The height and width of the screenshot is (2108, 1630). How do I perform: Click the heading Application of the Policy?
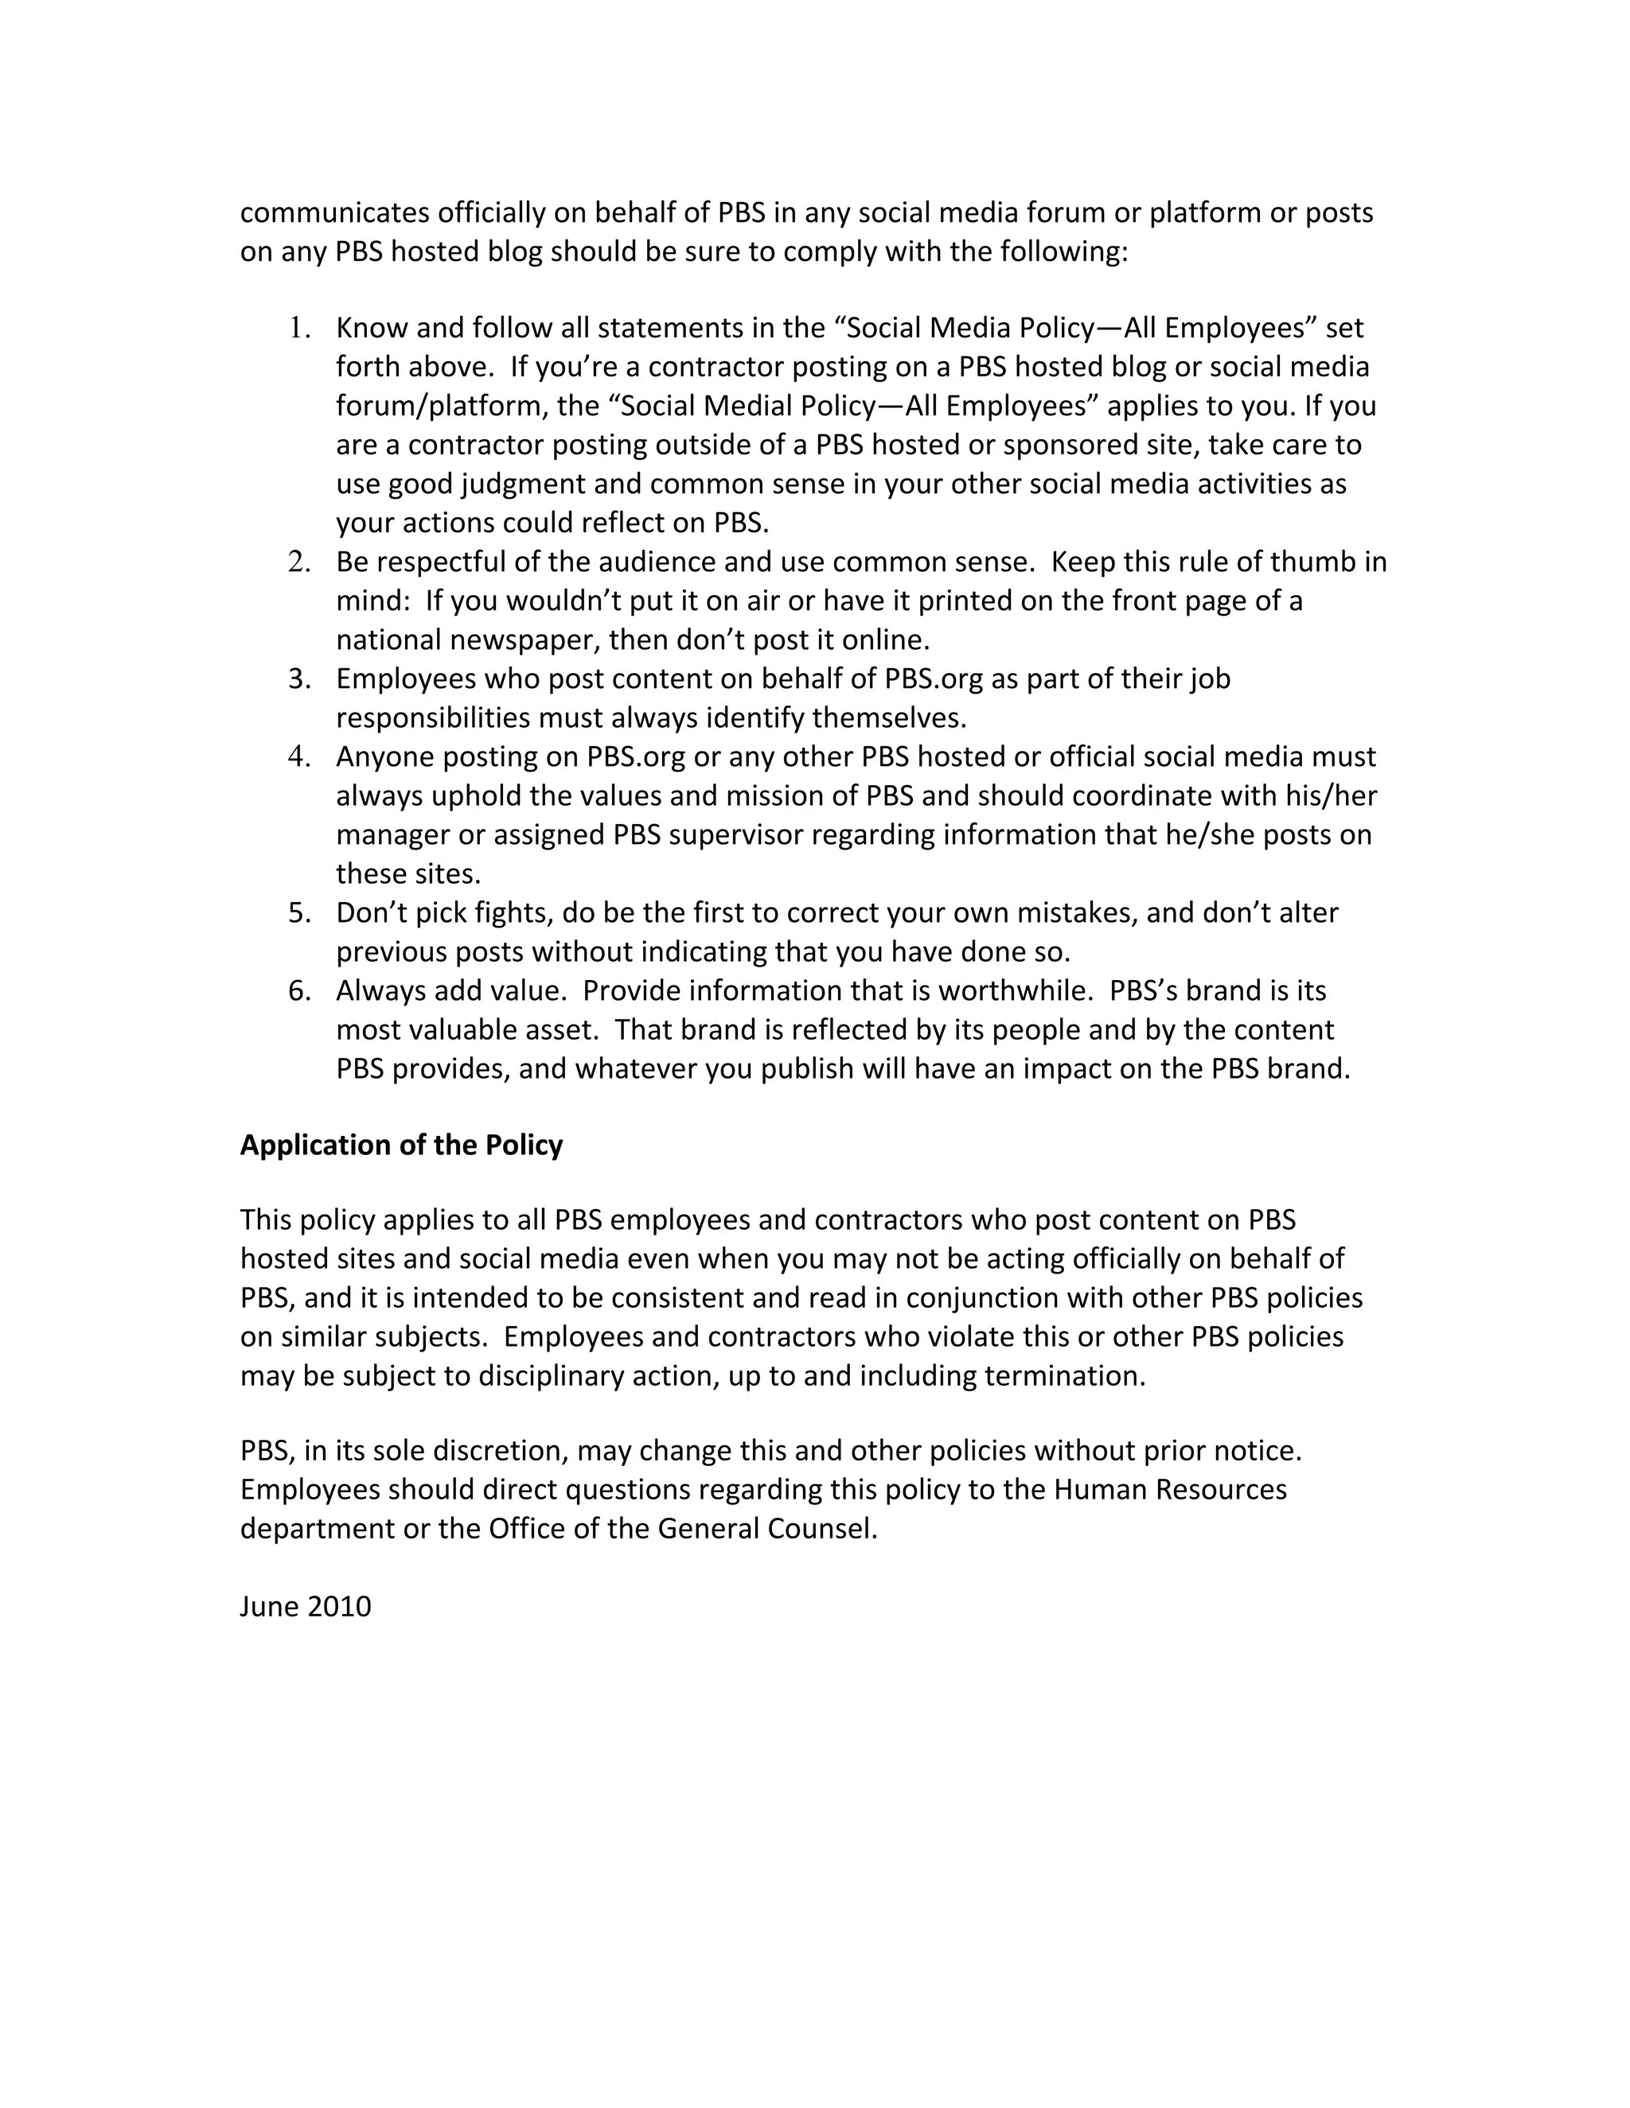(x=401, y=1145)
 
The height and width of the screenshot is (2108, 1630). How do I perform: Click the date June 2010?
(x=305, y=1606)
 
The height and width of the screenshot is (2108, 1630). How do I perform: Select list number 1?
(x=299, y=329)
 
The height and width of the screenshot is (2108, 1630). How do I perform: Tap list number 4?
(x=299, y=756)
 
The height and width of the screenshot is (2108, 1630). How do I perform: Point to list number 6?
(x=299, y=991)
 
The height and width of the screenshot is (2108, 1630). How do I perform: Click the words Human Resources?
(x=1170, y=1489)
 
